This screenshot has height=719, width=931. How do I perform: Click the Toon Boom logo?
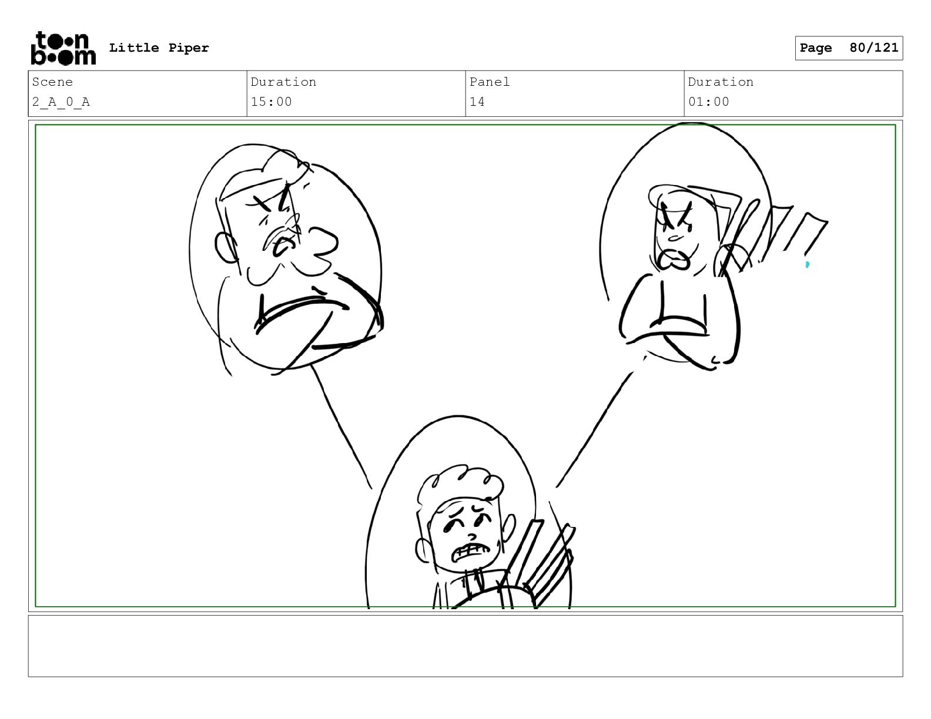[63, 48]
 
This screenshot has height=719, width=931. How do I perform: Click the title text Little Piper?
[159, 48]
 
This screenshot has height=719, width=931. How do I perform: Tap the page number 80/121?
[873, 48]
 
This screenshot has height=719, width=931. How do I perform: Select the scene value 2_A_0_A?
[61, 102]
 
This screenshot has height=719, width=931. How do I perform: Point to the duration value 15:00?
[271, 102]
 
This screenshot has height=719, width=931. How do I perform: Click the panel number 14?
[477, 102]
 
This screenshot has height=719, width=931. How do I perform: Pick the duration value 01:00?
[709, 102]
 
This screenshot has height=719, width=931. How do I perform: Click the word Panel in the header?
[489, 82]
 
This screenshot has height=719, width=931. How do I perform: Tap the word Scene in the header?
[52, 82]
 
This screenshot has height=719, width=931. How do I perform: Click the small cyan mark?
[807, 265]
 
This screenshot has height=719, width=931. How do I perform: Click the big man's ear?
[225, 247]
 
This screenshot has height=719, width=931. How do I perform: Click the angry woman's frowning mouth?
[674, 259]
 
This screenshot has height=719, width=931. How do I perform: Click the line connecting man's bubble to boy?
[341, 426]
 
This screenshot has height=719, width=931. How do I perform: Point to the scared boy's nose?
[471, 536]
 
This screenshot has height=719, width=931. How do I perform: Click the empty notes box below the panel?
[466, 646]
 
